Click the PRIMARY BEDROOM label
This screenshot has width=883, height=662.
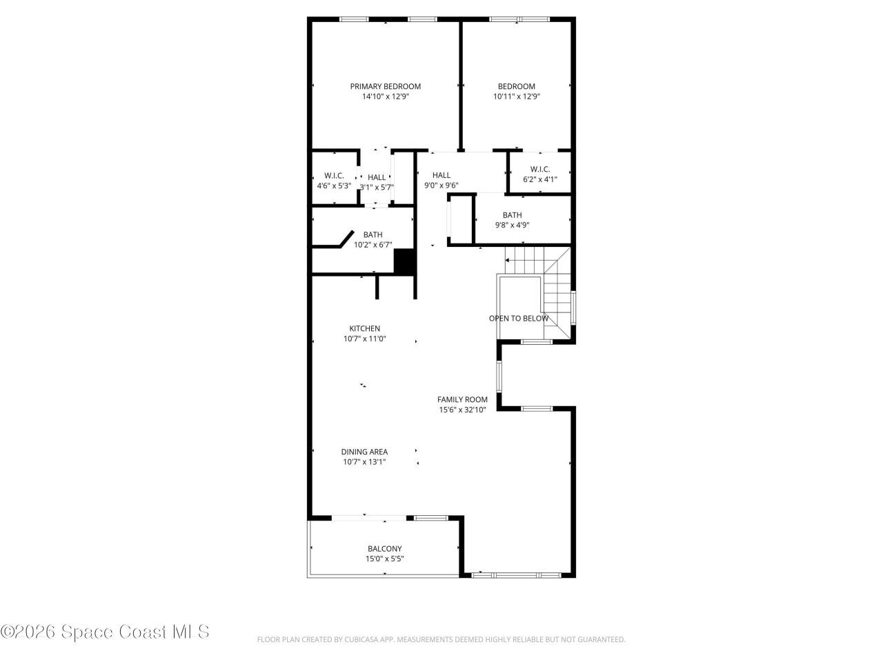[385, 86]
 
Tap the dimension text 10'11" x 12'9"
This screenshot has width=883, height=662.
[516, 97]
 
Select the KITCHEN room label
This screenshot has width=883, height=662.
[364, 328]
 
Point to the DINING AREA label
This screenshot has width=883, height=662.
[364, 452]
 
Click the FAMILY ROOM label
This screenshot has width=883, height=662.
[462, 399]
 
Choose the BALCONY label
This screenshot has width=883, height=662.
[384, 549]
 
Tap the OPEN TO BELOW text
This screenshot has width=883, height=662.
[519, 319]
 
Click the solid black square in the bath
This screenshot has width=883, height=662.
[404, 261]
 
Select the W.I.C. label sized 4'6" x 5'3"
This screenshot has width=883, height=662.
[334, 176]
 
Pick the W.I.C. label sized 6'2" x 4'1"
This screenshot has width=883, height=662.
[539, 170]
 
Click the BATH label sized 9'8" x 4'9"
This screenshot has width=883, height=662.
[512, 215]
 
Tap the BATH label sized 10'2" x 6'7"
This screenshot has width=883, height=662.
[373, 234]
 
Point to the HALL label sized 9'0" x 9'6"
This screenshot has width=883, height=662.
[441, 175]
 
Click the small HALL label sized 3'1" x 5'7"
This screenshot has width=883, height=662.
[377, 177]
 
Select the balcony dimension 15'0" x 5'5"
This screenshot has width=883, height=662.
[384, 559]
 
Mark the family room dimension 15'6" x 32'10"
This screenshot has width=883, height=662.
[462, 410]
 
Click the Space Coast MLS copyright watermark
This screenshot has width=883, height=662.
[105, 631]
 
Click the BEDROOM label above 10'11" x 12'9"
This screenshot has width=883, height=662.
[516, 86]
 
